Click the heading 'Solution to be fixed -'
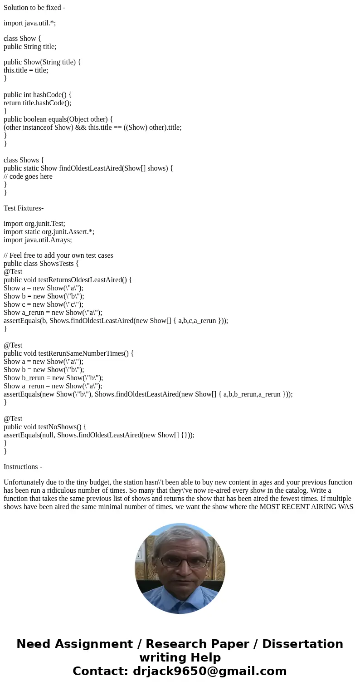34,8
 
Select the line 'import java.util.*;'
30,23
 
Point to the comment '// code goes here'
28,176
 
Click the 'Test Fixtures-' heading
24,208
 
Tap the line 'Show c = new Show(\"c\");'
44,304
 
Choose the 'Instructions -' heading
23,467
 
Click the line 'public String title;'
30,47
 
